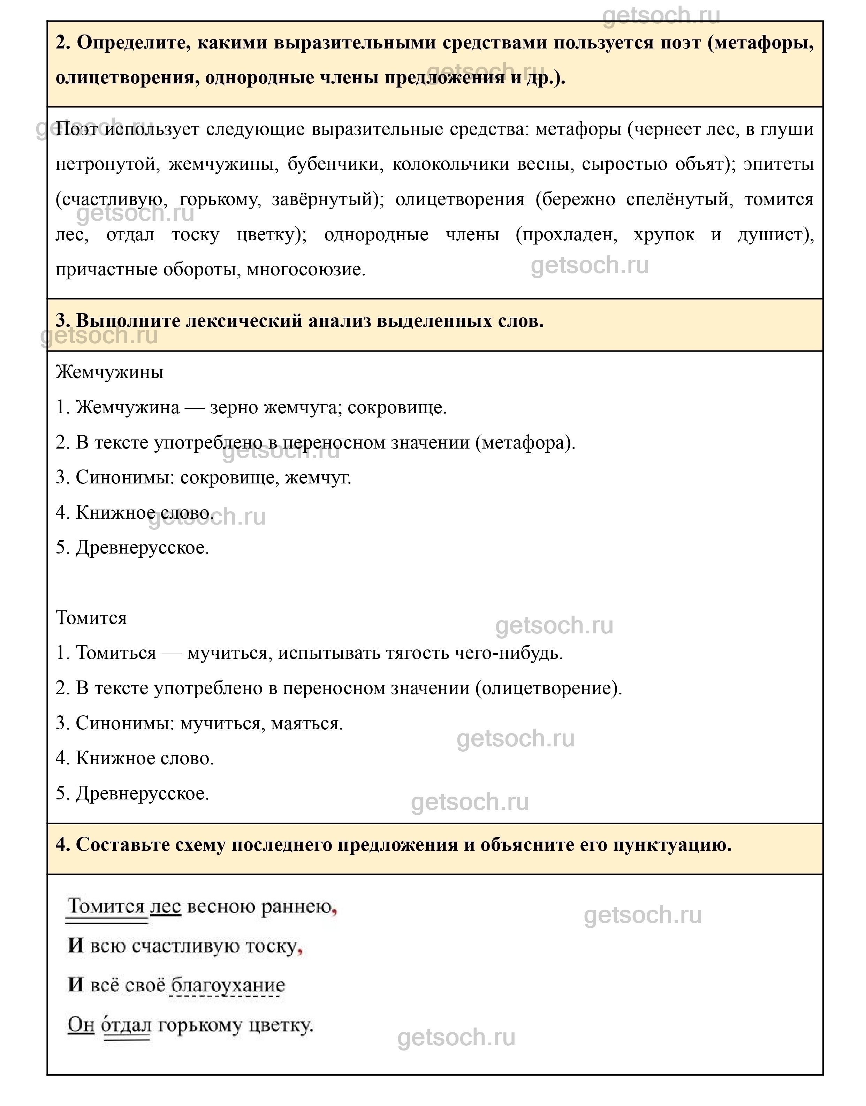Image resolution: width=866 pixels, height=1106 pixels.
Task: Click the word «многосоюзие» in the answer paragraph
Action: coord(306,269)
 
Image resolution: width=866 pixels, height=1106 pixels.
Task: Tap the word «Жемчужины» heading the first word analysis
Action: coord(109,373)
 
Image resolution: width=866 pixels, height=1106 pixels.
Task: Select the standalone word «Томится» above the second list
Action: coord(91,618)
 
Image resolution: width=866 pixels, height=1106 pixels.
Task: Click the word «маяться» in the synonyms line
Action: coord(307,724)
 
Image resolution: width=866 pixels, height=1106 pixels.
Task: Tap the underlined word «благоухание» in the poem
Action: coord(228,985)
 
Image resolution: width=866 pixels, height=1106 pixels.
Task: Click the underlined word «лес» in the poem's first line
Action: coord(165,906)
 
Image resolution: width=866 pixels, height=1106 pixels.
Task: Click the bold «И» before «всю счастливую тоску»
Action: coord(76,946)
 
